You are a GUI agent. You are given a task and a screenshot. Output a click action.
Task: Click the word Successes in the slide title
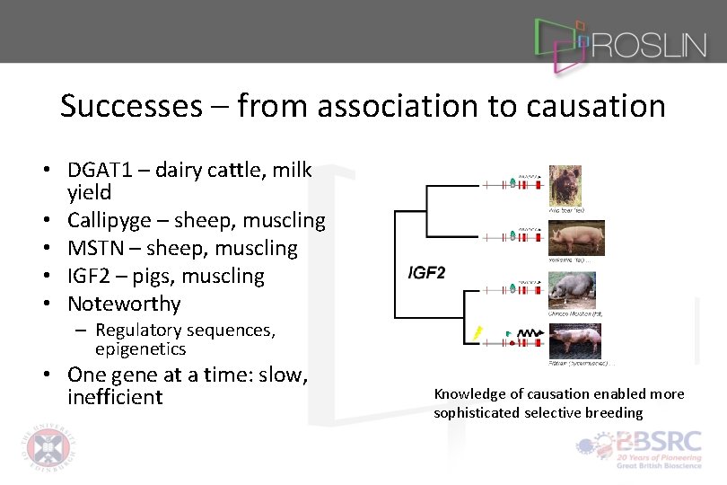131,106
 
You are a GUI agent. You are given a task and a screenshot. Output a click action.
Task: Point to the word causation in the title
596,106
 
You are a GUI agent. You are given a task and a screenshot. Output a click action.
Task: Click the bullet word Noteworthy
124,304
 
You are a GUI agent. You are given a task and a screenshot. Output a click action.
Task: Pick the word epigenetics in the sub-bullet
140,349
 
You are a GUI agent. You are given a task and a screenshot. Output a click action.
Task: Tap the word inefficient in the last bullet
115,397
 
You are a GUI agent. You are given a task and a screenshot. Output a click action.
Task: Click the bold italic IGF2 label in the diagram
426,272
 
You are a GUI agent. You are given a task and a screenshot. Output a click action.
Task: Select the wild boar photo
565,185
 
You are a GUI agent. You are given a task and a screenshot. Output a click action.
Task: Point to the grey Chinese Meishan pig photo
572,290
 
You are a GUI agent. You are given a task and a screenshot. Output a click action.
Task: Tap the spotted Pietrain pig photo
575,341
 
